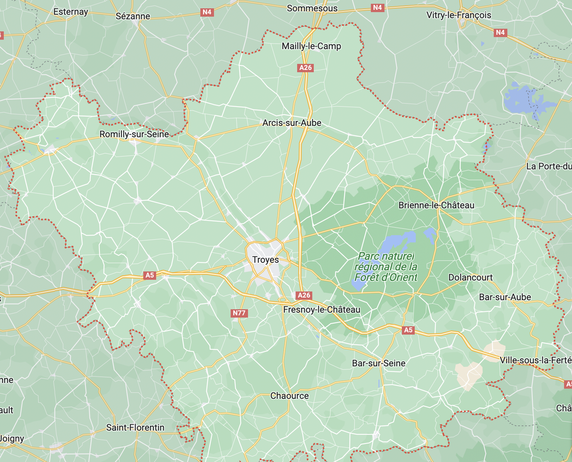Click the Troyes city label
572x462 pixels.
[265, 260]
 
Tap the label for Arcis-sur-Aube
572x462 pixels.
[292, 123]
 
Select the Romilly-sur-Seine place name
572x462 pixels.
[134, 134]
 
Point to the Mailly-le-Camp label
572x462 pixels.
[311, 46]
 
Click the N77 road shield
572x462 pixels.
[239, 313]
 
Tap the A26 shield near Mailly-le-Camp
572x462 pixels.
[305, 68]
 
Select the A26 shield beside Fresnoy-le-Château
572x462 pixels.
[304, 295]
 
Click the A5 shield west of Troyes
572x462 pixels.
[150, 275]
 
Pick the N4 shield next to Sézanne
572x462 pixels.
[207, 12]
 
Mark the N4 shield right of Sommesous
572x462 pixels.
[377, 8]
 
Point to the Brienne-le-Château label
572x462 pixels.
[436, 205]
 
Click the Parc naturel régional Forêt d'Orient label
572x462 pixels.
[386, 267]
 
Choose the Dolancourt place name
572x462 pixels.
[470, 278]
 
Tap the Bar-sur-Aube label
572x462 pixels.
[505, 297]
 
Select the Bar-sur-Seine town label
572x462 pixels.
[378, 363]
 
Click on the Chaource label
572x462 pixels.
[290, 396]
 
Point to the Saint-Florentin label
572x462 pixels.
[135, 428]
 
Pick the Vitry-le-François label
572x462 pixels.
[459, 15]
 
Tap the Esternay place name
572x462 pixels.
[71, 12]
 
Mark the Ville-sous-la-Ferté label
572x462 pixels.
[535, 360]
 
